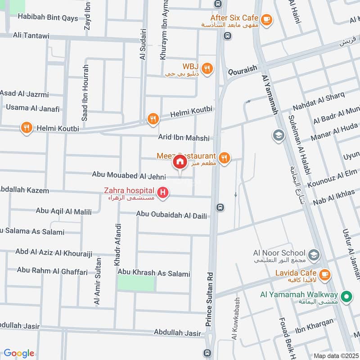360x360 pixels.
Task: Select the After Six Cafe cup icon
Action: click(266, 19)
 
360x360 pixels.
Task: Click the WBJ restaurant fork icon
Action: click(207, 68)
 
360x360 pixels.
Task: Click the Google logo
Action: click(19, 353)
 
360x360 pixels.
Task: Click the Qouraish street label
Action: click(242, 68)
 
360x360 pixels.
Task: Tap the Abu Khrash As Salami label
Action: click(154, 273)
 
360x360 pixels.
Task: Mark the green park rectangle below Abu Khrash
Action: click(136, 283)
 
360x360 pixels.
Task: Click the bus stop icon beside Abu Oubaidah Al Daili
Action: click(220, 207)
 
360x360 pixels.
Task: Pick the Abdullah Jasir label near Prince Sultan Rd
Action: click(177, 333)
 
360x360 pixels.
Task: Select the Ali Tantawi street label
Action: click(30, 35)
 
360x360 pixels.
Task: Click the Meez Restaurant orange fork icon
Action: click(224, 157)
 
